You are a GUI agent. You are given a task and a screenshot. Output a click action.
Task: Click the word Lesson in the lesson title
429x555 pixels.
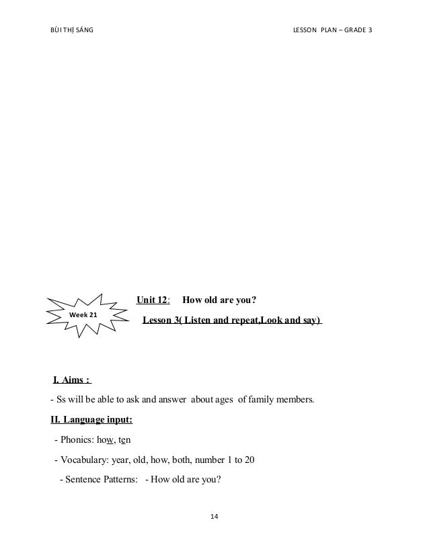pos(157,321)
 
